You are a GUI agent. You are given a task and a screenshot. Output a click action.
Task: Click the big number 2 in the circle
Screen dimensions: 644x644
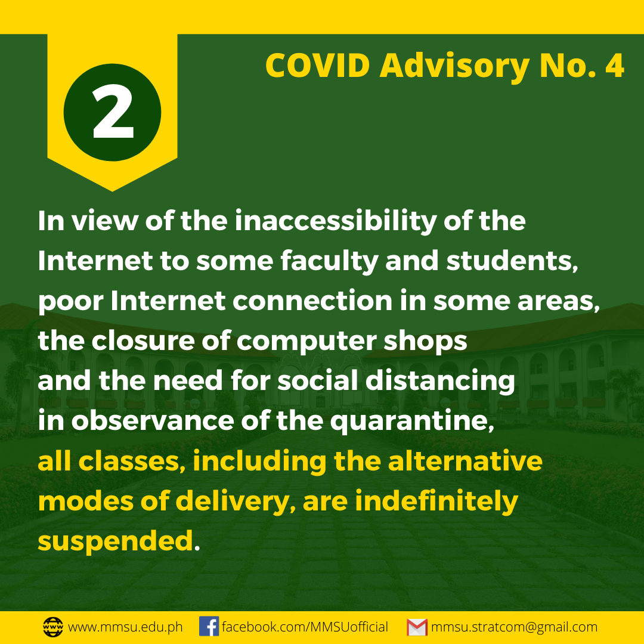pyautogui.click(x=113, y=112)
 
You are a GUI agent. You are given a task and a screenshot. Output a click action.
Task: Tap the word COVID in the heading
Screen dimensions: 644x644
pyautogui.click(x=317, y=66)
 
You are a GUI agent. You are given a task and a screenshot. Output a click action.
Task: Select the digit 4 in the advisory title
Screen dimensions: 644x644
pyautogui.click(x=615, y=66)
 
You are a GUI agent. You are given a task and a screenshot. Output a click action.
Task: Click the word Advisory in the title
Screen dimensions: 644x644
pyautogui.click(x=454, y=67)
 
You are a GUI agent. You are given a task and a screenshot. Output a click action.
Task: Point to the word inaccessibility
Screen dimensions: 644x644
pyautogui.click(x=335, y=222)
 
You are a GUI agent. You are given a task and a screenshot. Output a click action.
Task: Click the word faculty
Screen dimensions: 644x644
pyautogui.click(x=329, y=262)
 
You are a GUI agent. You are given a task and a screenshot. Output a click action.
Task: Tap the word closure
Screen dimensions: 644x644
pyautogui.click(x=143, y=341)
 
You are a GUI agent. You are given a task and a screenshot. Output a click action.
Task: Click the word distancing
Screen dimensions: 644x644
pyautogui.click(x=440, y=381)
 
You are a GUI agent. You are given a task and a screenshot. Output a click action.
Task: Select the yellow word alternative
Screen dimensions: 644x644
pyautogui.click(x=465, y=461)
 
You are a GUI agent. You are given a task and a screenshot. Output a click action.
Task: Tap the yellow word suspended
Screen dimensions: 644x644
pyautogui.click(x=116, y=541)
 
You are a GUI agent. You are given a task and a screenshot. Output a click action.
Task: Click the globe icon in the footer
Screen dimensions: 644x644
pyautogui.click(x=53, y=627)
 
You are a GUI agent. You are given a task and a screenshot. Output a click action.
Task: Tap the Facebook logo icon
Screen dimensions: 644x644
pyautogui.click(x=209, y=627)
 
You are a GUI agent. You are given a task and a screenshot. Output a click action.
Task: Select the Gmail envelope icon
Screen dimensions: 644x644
pyautogui.click(x=417, y=627)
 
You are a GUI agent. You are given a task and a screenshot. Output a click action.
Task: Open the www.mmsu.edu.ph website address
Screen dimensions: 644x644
pyautogui.click(x=125, y=627)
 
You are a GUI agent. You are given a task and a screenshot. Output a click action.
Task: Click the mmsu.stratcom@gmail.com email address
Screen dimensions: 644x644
pyautogui.click(x=514, y=627)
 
